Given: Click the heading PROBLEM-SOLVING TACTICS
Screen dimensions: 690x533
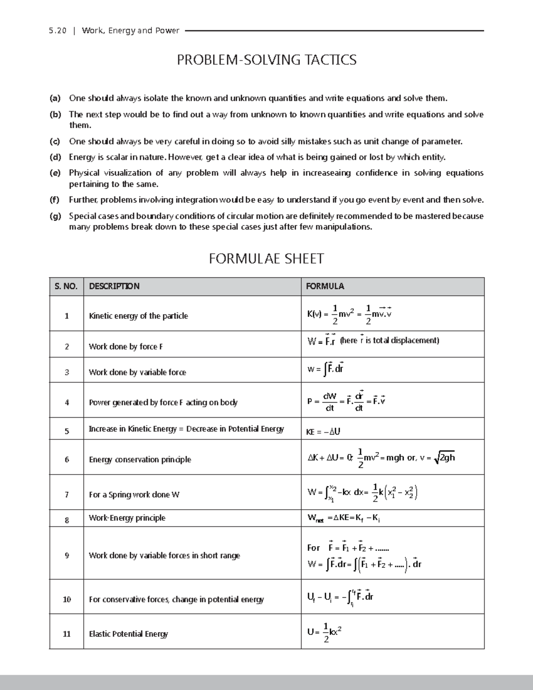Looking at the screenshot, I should coord(266,60).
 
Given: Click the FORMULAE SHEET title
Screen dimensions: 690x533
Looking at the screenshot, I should coord(266,259).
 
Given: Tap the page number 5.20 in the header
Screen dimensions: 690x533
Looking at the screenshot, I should coord(58,31).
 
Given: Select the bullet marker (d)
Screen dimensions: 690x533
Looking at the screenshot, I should coord(55,157).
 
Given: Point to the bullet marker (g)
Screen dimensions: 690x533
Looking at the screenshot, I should coord(55,216).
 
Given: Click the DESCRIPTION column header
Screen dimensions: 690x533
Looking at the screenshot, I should coord(114,287).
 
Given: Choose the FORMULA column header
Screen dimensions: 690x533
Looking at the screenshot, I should coord(325,287).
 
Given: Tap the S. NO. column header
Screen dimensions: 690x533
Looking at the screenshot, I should coord(66,287).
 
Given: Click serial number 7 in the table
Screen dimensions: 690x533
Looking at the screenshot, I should coord(67,495).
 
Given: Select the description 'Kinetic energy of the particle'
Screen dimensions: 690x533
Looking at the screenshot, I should coord(138,316).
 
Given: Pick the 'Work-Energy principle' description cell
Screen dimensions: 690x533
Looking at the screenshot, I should coord(127,518).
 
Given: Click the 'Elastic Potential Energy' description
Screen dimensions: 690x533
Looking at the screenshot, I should coord(128,634).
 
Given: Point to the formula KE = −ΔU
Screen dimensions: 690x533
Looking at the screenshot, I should coord(323,431).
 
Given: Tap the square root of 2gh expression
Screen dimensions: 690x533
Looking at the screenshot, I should coord(444,458).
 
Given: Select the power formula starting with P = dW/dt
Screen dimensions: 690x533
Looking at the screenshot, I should coord(346,401).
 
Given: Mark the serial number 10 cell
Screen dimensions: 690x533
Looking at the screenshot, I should coord(67,599).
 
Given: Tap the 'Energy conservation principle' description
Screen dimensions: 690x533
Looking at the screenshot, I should coord(140,459).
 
